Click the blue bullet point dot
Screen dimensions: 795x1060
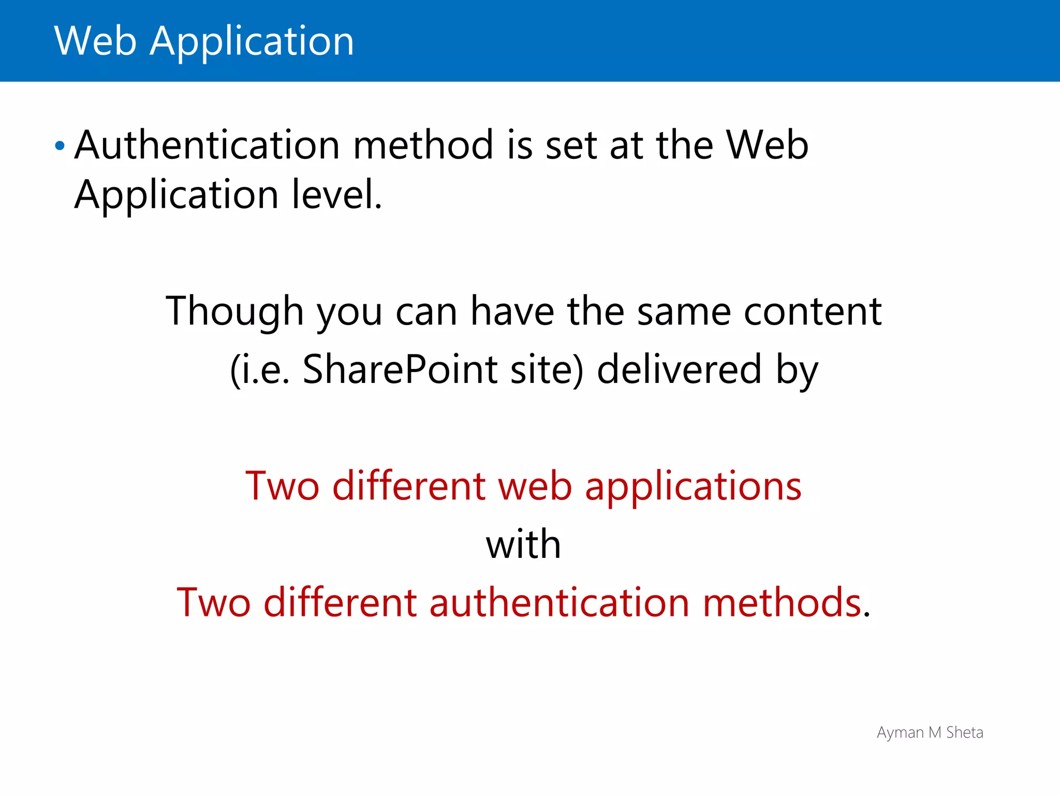point(60,146)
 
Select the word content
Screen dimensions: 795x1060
point(813,312)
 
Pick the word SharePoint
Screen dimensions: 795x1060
point(400,370)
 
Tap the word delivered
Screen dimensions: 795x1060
point(679,370)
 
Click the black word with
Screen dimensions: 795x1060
point(523,544)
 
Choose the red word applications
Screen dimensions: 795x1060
point(693,488)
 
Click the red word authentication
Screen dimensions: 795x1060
point(559,603)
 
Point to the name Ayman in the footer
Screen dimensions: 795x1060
point(900,733)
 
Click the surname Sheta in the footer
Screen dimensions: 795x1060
point(964,732)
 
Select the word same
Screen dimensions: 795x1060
point(684,312)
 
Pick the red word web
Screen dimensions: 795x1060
point(535,487)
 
